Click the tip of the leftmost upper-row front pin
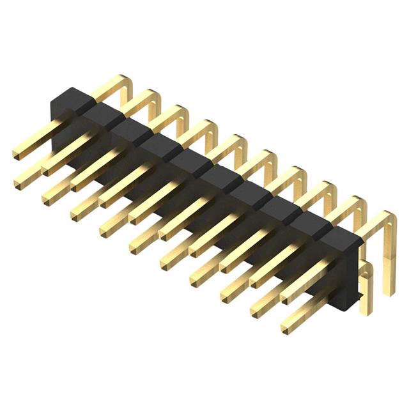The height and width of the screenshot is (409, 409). (x=17, y=153)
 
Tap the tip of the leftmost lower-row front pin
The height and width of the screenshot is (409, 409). (x=19, y=183)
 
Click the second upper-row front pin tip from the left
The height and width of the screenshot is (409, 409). (x=47, y=169)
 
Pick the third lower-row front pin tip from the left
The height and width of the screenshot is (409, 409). (x=77, y=212)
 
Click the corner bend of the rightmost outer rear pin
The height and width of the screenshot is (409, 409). (x=391, y=219)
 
